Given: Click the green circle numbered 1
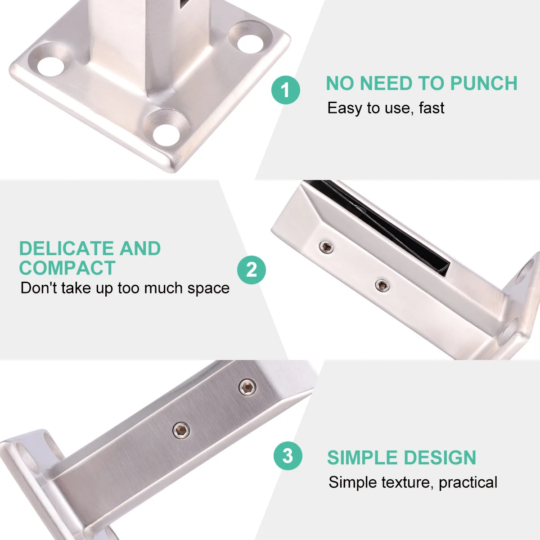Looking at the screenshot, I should click(286, 90).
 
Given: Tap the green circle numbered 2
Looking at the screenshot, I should click(252, 270).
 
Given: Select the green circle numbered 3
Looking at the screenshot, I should click(288, 456).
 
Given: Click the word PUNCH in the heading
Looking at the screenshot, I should click(484, 84).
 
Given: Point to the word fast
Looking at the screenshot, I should click(431, 108).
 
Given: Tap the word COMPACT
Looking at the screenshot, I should click(67, 268).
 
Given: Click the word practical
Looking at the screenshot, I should click(468, 482).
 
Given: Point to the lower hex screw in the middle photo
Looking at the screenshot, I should click(382, 284).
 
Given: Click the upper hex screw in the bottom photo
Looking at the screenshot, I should click(247, 387).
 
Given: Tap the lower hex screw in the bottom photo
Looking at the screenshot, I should click(181, 430).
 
